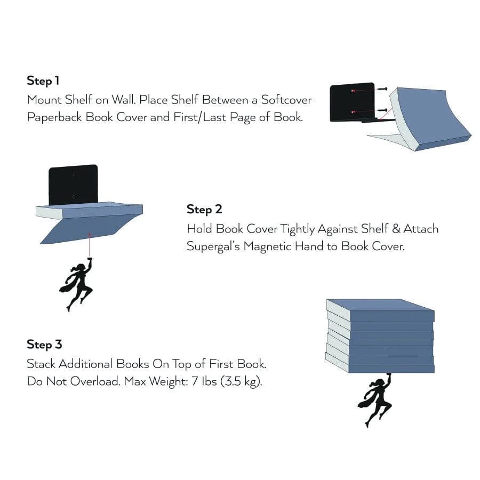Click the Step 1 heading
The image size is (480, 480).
tap(43, 81)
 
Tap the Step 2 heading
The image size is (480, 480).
tap(204, 209)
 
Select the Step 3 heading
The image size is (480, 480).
tap(44, 344)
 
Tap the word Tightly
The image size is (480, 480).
tap(292, 229)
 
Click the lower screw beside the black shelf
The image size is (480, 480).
tap(381, 110)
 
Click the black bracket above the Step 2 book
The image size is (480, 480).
tap(73, 183)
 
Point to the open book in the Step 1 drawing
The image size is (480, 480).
tap(432, 120)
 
